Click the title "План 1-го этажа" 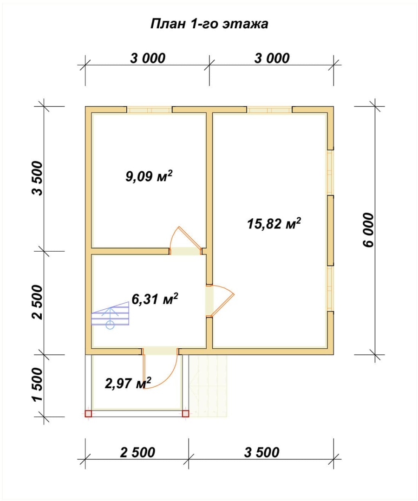pyautogui.click(x=209, y=24)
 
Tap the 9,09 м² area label pyautogui.click(x=149, y=176)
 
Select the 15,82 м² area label pyautogui.click(x=274, y=223)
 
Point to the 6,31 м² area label pyautogui.click(x=155, y=299)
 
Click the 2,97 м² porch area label pyautogui.click(x=128, y=383)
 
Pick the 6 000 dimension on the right pyautogui.click(x=368, y=230)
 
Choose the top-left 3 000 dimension pyautogui.click(x=148, y=58)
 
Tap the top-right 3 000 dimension pyautogui.click(x=272, y=58)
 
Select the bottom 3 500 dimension pyautogui.click(x=262, y=452)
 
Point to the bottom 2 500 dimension pyautogui.click(x=137, y=452)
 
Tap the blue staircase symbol pyautogui.click(x=110, y=315)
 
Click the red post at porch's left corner pyautogui.click(x=88, y=414)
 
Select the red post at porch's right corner pyautogui.click(x=185, y=414)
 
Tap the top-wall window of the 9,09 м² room pyautogui.click(x=150, y=110)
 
